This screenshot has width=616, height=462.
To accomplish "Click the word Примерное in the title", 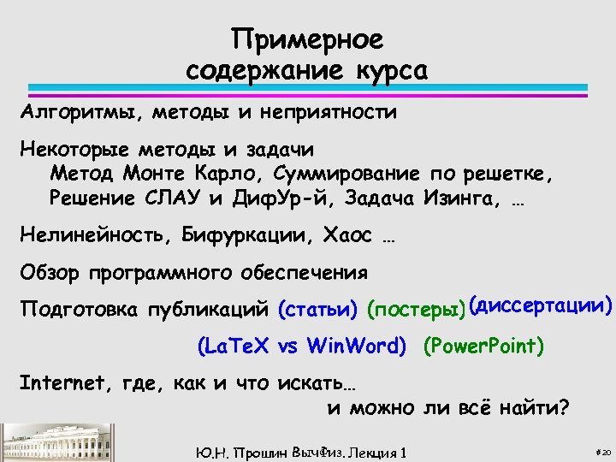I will coord(308,39).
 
